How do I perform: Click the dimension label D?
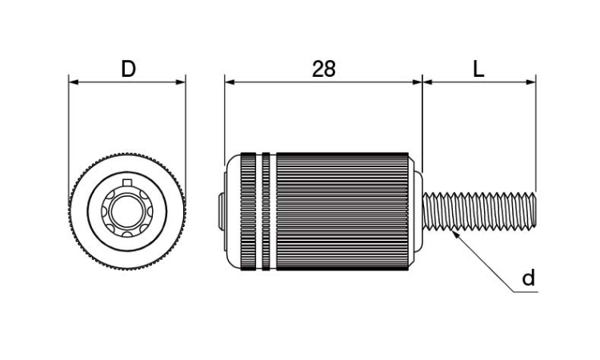(x=128, y=70)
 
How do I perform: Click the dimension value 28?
(x=324, y=70)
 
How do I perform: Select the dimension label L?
(x=478, y=70)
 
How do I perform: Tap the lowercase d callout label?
(x=529, y=278)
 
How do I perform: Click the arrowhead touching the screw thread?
(x=455, y=234)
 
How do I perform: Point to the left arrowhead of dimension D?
(x=74, y=82)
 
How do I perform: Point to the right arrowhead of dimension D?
(x=181, y=82)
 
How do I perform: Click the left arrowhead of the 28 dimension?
(x=230, y=82)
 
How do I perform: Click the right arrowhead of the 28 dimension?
(x=417, y=82)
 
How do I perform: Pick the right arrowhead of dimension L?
(x=531, y=82)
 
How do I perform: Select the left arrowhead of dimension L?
(x=427, y=82)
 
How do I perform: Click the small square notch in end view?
(x=126, y=182)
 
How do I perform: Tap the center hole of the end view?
(x=127, y=211)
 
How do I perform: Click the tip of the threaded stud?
(x=534, y=211)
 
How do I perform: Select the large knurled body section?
(x=342, y=211)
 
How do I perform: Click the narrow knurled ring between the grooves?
(x=266, y=211)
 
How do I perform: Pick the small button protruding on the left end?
(x=221, y=211)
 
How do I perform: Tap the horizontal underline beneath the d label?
(x=525, y=292)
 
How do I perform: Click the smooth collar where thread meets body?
(x=418, y=211)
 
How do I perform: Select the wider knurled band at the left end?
(x=248, y=211)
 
